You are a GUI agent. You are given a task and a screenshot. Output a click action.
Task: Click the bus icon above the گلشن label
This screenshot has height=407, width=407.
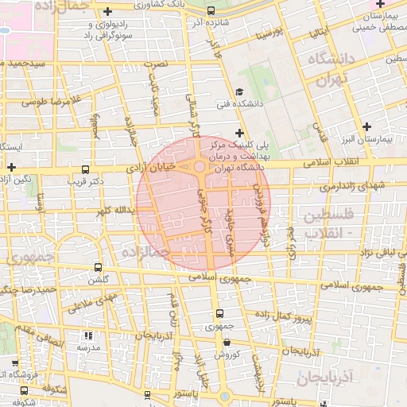98,267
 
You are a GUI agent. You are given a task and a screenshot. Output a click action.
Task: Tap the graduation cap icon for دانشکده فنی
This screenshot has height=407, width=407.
239,92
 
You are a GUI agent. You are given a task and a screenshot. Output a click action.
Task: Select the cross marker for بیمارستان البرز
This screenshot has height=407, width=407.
366,126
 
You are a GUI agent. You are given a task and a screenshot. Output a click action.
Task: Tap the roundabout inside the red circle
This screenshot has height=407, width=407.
198,167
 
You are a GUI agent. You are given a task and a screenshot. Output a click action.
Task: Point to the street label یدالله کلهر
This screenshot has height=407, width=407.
114,211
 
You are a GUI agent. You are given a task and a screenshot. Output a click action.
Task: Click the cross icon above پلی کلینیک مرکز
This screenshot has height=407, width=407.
239,132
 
